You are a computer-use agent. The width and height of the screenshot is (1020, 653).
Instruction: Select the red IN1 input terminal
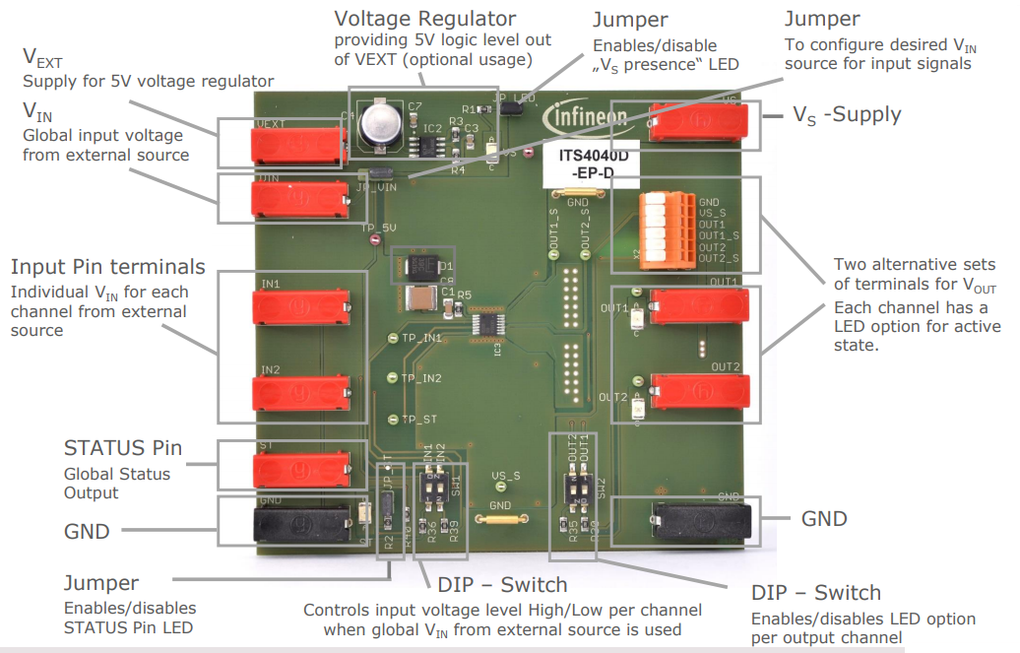pos(300,308)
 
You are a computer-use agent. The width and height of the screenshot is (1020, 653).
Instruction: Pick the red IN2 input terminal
pos(300,393)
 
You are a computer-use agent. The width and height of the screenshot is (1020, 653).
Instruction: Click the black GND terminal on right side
pos(701,519)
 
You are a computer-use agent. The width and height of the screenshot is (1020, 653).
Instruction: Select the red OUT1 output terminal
pos(698,306)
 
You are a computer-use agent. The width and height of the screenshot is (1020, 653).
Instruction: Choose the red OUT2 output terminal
pos(698,390)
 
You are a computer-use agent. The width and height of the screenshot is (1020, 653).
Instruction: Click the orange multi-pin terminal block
pos(660,228)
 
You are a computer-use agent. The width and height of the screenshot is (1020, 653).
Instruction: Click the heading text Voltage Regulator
pos(425,19)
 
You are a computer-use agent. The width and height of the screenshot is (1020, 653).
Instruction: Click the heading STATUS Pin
pos(123,448)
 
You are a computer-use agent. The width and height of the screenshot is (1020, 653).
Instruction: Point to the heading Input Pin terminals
pos(108,267)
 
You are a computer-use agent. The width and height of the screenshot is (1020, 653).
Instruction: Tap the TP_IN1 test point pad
pos(393,338)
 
